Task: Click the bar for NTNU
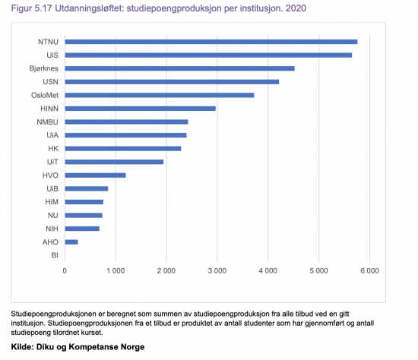click(x=211, y=42)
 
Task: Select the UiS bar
click(x=208, y=55)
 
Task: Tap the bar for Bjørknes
click(x=179, y=68)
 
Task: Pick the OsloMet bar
click(x=160, y=95)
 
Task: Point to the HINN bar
click(x=141, y=109)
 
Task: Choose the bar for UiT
click(x=114, y=162)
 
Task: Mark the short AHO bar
click(x=71, y=242)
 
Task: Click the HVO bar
click(x=96, y=175)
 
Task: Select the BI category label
click(x=55, y=255)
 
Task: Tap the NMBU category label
click(x=47, y=122)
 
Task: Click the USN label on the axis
click(x=50, y=82)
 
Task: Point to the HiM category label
click(x=52, y=202)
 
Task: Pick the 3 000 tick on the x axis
click(x=217, y=271)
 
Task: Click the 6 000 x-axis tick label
click(x=370, y=271)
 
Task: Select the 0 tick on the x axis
click(x=65, y=271)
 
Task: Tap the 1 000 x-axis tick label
click(x=116, y=271)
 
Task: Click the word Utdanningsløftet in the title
click(x=90, y=8)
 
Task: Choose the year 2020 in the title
click(x=296, y=8)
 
